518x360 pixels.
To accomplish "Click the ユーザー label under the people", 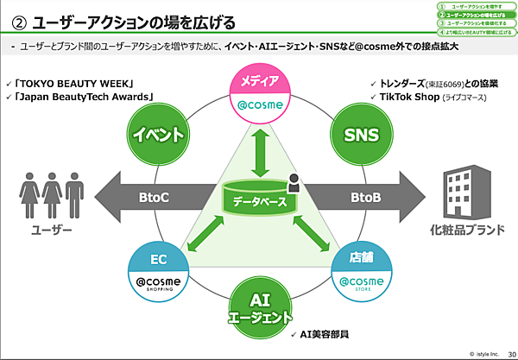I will (x=52, y=232).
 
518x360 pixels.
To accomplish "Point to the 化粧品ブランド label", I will (x=460, y=232).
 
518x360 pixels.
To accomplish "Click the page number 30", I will (x=510, y=351).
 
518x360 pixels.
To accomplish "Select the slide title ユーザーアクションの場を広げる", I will (x=138, y=20).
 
